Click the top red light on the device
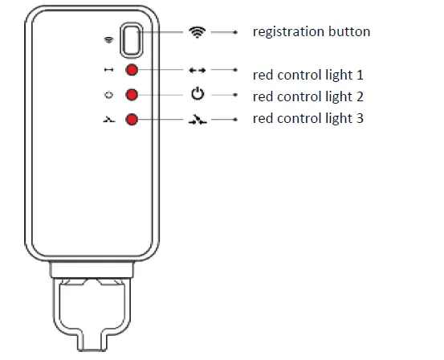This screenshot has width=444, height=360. click(132, 71)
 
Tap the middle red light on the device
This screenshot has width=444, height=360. click(132, 95)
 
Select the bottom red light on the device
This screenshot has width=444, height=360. click(132, 120)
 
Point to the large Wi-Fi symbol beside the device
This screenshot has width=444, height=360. click(197, 32)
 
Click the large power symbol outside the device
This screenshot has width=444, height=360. click(198, 94)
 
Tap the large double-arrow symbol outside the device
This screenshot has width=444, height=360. click(198, 71)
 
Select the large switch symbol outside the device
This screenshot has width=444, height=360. click(198, 120)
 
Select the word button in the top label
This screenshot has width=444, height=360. click(350, 33)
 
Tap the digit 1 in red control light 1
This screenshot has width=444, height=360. click(360, 76)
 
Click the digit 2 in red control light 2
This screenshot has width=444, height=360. click(360, 97)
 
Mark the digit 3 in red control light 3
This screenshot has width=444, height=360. click(360, 119)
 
